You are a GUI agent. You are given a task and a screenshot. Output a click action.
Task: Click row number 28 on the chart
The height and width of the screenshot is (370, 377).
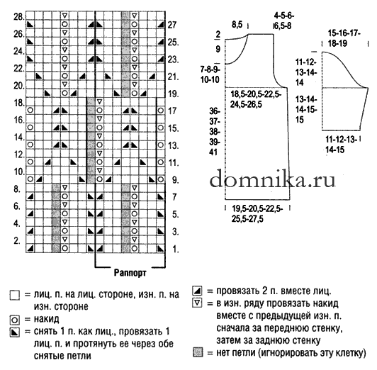[18, 17]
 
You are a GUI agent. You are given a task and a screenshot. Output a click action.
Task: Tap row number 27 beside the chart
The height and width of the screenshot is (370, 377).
[172, 25]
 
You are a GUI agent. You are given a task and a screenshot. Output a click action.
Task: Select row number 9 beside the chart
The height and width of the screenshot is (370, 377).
[175, 180]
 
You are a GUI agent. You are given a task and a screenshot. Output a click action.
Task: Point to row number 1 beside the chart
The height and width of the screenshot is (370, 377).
[176, 250]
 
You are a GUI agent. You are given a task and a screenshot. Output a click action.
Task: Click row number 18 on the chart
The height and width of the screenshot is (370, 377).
[18, 103]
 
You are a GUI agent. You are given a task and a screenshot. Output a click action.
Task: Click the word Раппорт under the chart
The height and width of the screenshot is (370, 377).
[130, 273]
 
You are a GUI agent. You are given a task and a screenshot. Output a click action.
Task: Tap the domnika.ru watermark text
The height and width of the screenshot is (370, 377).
[272, 179]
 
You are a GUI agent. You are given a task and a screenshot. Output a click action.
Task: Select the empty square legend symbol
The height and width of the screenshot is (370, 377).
[15, 295]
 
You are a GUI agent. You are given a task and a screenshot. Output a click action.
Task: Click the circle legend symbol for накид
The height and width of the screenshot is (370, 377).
[15, 320]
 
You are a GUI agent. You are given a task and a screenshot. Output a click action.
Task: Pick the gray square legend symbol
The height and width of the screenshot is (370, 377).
[198, 353]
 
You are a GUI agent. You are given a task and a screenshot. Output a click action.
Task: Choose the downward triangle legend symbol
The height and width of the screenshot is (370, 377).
[197, 303]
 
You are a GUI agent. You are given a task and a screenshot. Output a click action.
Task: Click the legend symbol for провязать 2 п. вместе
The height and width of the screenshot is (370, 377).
[197, 291]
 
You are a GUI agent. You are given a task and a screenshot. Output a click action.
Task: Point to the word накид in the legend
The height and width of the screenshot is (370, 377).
[46, 319]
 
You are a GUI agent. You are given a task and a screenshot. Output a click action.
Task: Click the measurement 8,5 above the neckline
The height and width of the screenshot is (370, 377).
[237, 24]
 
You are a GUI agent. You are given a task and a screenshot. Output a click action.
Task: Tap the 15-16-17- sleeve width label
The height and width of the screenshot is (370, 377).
[344, 33]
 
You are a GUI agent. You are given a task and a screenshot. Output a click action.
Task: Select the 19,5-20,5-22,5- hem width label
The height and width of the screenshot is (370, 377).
[257, 208]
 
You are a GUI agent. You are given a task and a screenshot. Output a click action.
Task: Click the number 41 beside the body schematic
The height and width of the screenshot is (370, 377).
[213, 152]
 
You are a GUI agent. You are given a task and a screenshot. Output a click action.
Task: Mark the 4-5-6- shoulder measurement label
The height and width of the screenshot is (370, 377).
[284, 16]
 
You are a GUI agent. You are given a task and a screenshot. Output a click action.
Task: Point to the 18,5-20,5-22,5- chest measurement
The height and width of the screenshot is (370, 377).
[256, 94]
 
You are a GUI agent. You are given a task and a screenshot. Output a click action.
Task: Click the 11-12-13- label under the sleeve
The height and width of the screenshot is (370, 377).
[341, 139]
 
